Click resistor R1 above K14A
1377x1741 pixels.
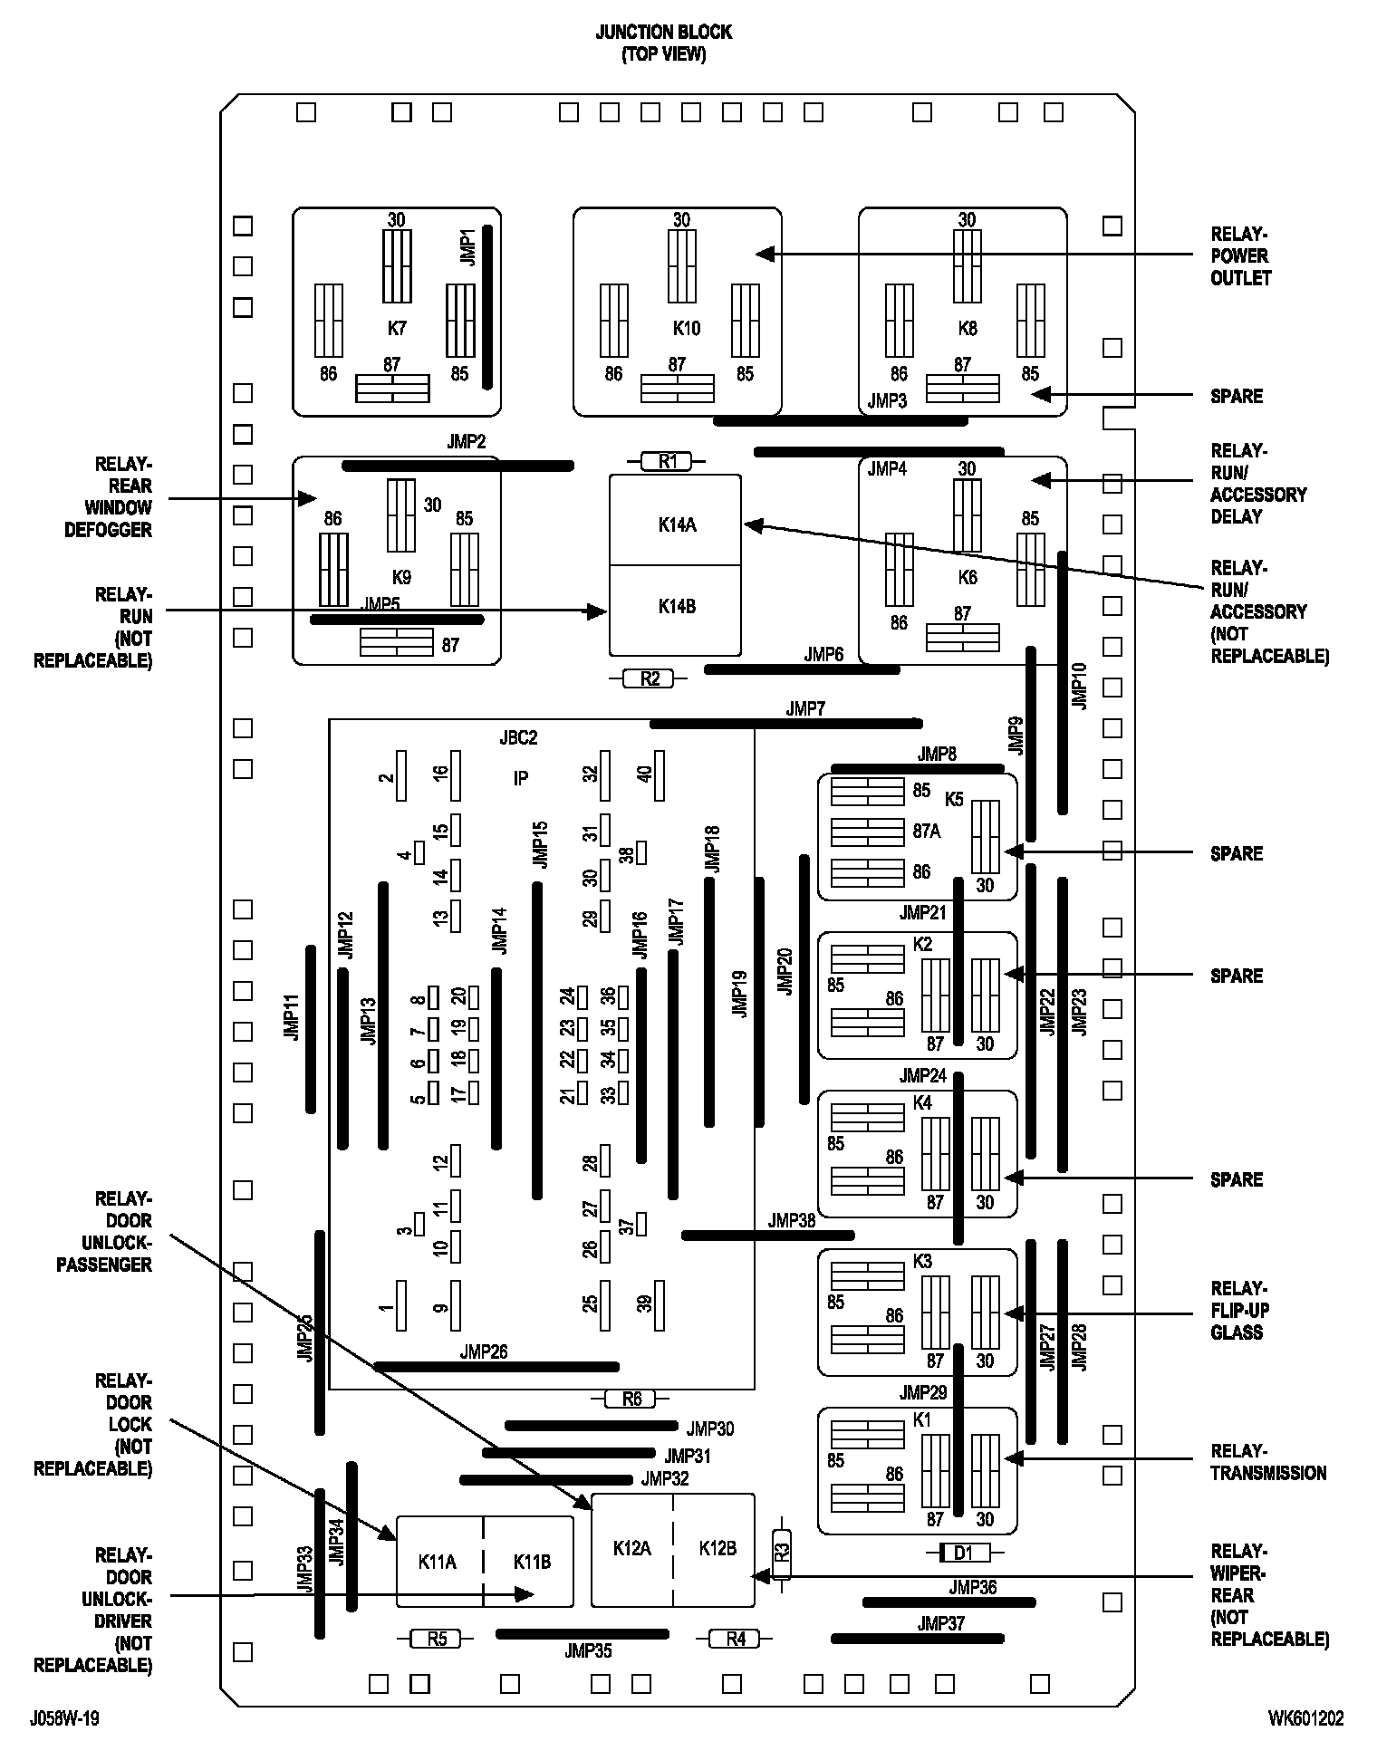click(667, 462)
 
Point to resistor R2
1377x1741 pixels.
click(650, 678)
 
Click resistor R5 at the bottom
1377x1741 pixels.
click(438, 1638)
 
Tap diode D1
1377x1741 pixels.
click(962, 1553)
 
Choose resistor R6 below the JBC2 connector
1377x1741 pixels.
click(631, 1400)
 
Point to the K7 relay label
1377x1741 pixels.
click(397, 329)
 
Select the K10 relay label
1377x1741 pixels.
click(686, 329)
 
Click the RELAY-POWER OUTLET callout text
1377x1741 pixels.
click(1240, 256)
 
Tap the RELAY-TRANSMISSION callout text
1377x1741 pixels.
click(1267, 1462)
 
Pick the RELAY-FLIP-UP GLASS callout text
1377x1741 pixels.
click(1239, 1310)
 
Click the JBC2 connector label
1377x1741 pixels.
click(518, 738)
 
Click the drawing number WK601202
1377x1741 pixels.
click(1305, 1718)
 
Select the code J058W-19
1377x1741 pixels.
click(64, 1718)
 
